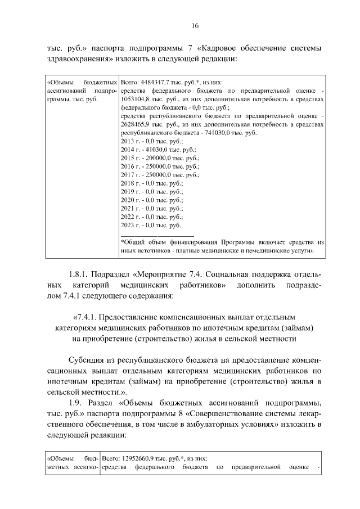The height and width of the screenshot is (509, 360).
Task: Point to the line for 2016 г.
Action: pos(154,166)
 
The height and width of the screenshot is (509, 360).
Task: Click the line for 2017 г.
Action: pos(154,175)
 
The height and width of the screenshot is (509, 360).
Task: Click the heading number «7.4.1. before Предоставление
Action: pos(86,317)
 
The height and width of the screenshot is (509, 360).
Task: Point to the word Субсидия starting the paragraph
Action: pos(87,358)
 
